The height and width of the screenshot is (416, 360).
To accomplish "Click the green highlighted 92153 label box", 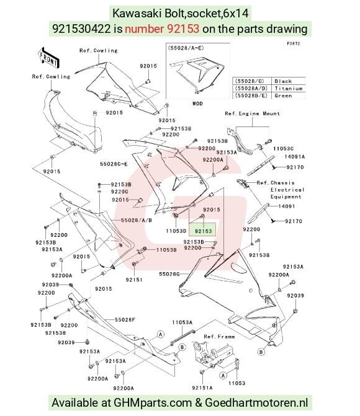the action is (202, 230).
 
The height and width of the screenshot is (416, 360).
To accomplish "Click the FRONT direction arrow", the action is (48, 58).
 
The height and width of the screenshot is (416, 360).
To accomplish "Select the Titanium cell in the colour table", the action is (288, 89).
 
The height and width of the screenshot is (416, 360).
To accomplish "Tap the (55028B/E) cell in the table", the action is (252, 95).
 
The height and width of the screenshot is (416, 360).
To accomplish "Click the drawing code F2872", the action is (294, 44).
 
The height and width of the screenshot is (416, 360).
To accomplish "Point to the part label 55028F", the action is (125, 320).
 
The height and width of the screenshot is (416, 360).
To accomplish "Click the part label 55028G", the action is (169, 274).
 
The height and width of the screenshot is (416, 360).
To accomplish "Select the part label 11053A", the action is (182, 322).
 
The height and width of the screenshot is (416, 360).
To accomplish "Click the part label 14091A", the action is (294, 156).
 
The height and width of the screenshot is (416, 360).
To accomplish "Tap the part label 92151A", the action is (202, 388).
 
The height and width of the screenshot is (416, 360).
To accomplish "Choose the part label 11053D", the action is (176, 231).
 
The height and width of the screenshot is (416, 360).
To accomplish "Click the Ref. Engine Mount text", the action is (253, 113).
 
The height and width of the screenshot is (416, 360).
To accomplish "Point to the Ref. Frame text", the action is (219, 337).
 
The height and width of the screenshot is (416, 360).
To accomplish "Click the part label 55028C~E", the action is (114, 164).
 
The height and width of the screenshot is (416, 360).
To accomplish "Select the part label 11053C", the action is (283, 149).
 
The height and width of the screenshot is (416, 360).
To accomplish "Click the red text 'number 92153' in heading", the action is (162, 29).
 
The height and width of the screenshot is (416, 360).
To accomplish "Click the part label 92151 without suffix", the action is (134, 280).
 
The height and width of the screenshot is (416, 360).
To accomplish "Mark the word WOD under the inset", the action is (197, 104).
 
